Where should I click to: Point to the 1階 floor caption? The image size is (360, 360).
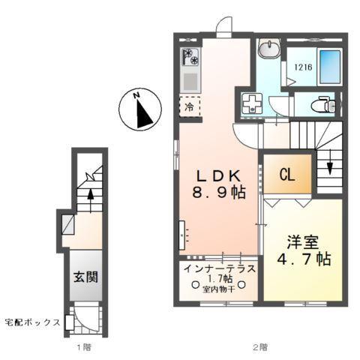[85, 348]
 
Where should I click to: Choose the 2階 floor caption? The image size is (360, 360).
[259, 348]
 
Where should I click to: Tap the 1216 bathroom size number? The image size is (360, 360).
[302, 67]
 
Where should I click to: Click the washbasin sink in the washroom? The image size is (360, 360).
[268, 51]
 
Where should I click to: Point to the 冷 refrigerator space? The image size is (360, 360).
[190, 106]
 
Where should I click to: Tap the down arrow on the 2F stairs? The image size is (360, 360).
[329, 169]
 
